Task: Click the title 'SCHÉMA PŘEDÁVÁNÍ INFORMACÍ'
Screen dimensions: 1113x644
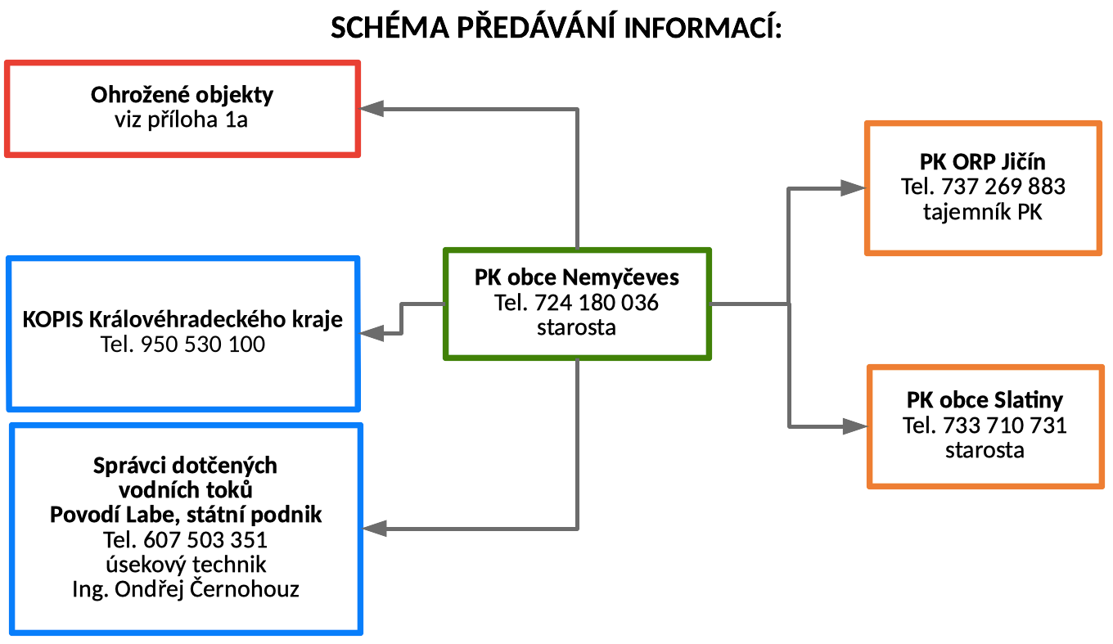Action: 556,27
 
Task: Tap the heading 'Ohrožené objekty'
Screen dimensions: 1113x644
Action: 182,95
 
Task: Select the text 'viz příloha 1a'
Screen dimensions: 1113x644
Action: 181,119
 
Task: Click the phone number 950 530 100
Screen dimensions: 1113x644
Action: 203,345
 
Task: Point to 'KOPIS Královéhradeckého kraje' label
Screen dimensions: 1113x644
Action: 182,319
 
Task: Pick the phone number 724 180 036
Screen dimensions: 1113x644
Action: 597,303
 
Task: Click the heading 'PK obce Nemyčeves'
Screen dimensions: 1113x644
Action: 576,277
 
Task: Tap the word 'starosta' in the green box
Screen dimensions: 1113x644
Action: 576,327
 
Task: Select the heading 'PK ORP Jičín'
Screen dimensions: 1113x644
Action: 982,162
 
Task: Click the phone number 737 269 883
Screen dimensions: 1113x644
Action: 1003,187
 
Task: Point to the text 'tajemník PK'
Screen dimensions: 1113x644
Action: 982,212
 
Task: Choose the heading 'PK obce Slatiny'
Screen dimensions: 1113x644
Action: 985,400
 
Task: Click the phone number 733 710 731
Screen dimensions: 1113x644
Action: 1005,426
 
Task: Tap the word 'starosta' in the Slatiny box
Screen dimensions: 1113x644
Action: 985,450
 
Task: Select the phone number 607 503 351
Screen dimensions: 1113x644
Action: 205,540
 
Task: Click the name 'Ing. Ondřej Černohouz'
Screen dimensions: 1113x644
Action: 186,589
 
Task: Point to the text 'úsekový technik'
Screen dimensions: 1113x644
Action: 186,565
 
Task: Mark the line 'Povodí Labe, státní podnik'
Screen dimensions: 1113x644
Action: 186,515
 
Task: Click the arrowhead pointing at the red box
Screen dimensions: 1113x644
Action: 372,108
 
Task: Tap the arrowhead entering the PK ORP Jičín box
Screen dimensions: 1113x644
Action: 853,188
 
